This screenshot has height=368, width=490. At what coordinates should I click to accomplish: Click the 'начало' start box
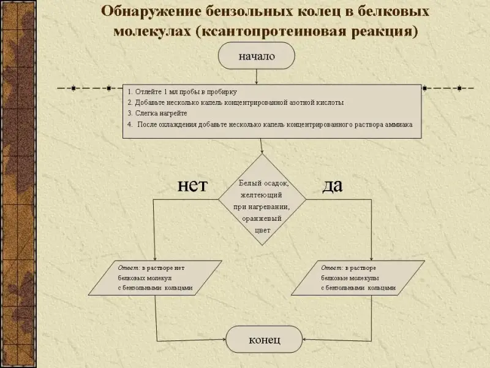point(257,56)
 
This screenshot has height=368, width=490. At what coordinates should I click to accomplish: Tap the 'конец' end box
point(264,339)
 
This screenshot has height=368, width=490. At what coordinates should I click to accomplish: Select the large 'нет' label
point(192,185)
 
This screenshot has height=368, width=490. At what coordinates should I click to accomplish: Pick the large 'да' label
point(332,186)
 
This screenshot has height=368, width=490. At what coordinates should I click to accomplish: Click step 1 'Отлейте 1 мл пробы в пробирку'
point(182,91)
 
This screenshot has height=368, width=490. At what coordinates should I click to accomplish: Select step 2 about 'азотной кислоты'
point(235,102)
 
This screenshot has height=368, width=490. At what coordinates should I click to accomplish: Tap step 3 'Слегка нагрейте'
point(157,113)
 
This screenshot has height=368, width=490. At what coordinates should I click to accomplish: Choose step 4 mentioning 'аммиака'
point(269,125)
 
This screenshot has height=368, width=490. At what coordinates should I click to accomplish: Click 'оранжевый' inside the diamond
point(262,218)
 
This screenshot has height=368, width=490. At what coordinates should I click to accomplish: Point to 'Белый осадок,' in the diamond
point(263,183)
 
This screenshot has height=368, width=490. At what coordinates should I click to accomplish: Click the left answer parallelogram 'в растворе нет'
point(155,277)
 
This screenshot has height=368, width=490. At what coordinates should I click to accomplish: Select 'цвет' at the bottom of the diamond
point(262,230)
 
